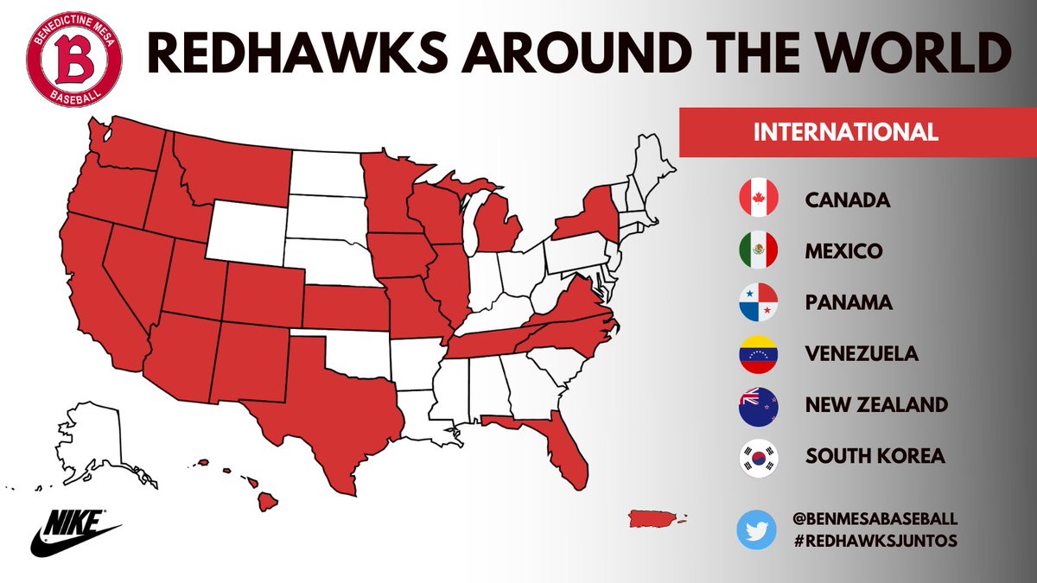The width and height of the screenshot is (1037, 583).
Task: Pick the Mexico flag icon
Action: tap(759, 251)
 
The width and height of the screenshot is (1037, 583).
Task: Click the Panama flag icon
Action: tap(759, 303)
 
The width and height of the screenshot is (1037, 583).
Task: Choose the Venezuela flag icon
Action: tap(759, 354)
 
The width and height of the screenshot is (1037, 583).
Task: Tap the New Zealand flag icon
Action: tap(759, 405)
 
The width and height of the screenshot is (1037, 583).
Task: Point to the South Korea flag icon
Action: tap(759, 456)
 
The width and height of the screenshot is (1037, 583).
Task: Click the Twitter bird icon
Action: tap(758, 529)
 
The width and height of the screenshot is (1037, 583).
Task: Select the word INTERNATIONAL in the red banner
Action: tap(846, 133)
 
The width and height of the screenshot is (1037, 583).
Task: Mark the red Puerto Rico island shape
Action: tap(653, 518)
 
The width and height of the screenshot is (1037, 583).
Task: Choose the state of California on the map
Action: tap(99, 294)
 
